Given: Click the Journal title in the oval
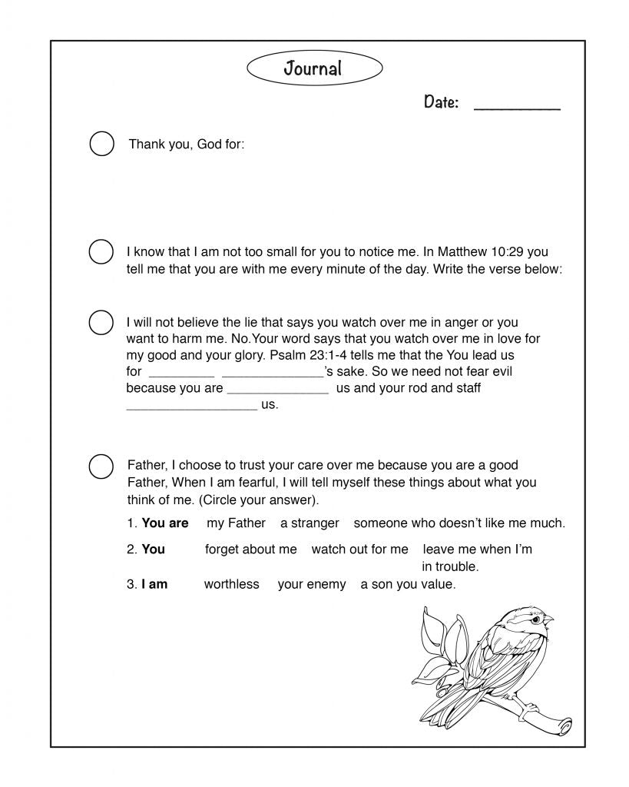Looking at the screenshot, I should [313, 68].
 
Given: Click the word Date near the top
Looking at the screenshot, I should [442, 102].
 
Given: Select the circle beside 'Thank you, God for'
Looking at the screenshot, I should [102, 144].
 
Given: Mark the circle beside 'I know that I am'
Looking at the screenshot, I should [101, 252].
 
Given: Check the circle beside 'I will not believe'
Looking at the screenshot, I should [101, 323].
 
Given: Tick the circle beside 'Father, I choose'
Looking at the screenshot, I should [101, 466].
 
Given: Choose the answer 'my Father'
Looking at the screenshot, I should [236, 523].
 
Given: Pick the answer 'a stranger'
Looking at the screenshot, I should [310, 523].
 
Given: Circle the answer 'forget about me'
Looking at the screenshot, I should [250, 550].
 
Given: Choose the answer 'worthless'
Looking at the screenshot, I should [231, 584].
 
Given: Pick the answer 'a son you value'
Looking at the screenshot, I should [408, 584].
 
